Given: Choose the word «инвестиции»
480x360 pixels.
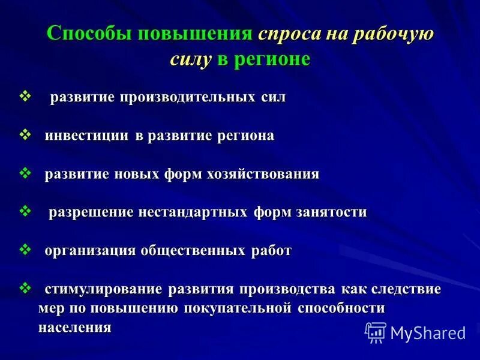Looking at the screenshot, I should point(87,136).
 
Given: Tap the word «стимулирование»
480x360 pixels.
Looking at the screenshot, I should point(103,289).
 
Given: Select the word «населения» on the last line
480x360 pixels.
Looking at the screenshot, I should point(75,328).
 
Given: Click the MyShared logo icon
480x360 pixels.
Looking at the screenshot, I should point(376,332).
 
